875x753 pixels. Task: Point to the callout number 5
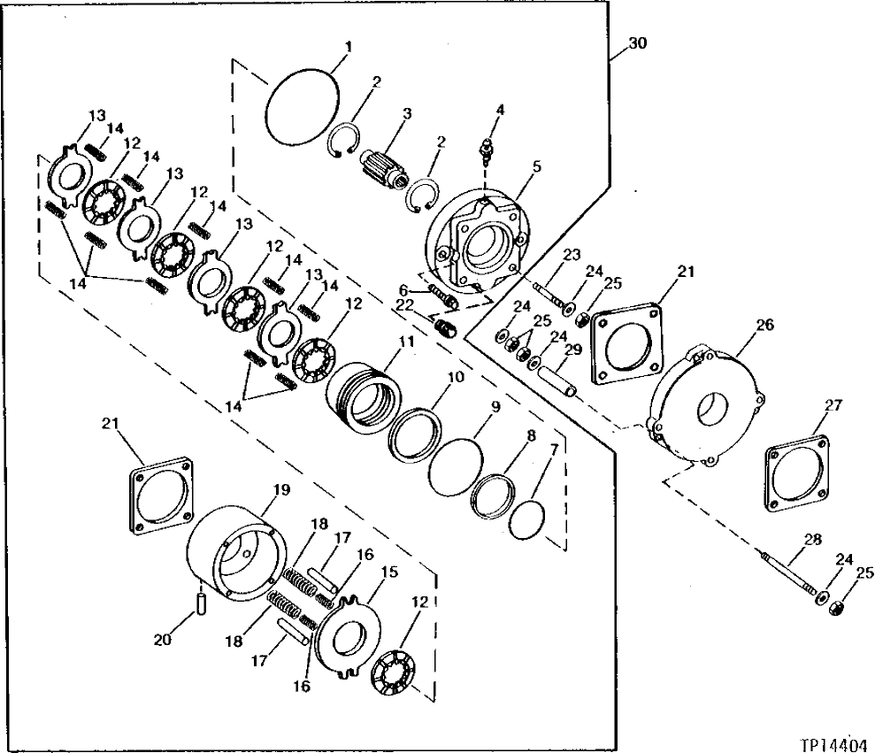click(x=537, y=165)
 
